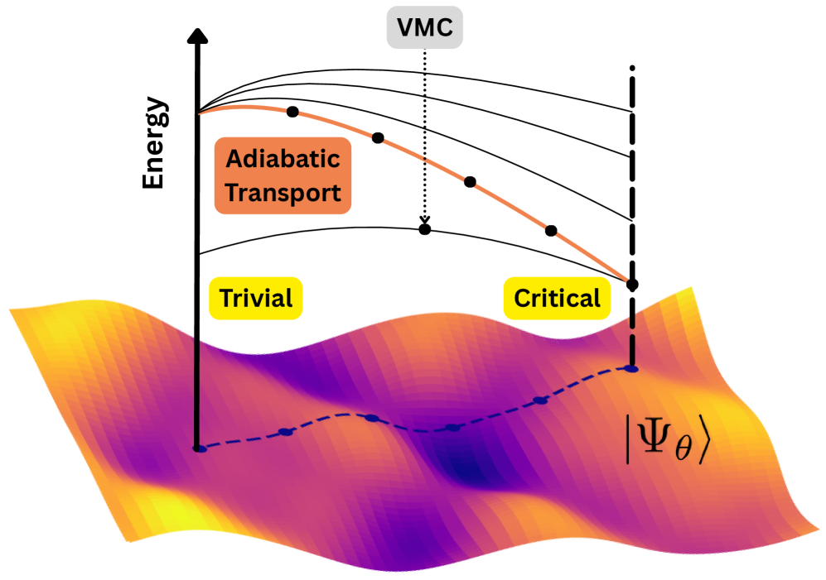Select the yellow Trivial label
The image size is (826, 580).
pyautogui.click(x=255, y=298)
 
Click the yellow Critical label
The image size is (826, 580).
pyautogui.click(x=558, y=298)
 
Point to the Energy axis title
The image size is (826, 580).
pyautogui.click(x=154, y=146)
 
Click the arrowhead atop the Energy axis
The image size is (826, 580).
pyautogui.click(x=197, y=36)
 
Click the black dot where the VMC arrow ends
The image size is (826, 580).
pyautogui.click(x=425, y=228)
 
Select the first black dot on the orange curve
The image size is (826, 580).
pyautogui.click(x=292, y=112)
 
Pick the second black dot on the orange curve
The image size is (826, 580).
pyautogui.click(x=379, y=137)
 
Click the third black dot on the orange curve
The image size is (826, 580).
pyautogui.click(x=470, y=181)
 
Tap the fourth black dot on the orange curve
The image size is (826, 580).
pyautogui.click(x=551, y=229)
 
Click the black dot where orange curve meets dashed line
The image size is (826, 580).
pyautogui.click(x=632, y=285)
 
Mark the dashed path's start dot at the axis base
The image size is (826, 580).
pyautogui.click(x=198, y=448)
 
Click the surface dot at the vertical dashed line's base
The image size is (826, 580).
pyautogui.click(x=632, y=369)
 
